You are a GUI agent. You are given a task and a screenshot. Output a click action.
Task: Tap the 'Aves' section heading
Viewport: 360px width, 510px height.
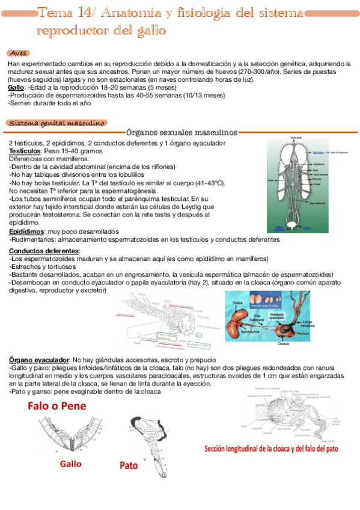tap(19, 53)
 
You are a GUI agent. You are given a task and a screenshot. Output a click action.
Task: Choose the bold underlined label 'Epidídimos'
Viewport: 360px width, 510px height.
tap(26, 232)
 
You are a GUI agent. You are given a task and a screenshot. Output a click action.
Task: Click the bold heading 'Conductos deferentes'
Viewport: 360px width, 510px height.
tap(44, 251)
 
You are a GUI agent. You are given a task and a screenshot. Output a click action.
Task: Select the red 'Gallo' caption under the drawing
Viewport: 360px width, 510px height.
tap(71, 464)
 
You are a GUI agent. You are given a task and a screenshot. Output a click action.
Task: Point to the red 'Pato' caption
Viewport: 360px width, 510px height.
tap(129, 465)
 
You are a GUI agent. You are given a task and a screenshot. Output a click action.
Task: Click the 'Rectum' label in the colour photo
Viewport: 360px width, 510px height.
tap(303, 332)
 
